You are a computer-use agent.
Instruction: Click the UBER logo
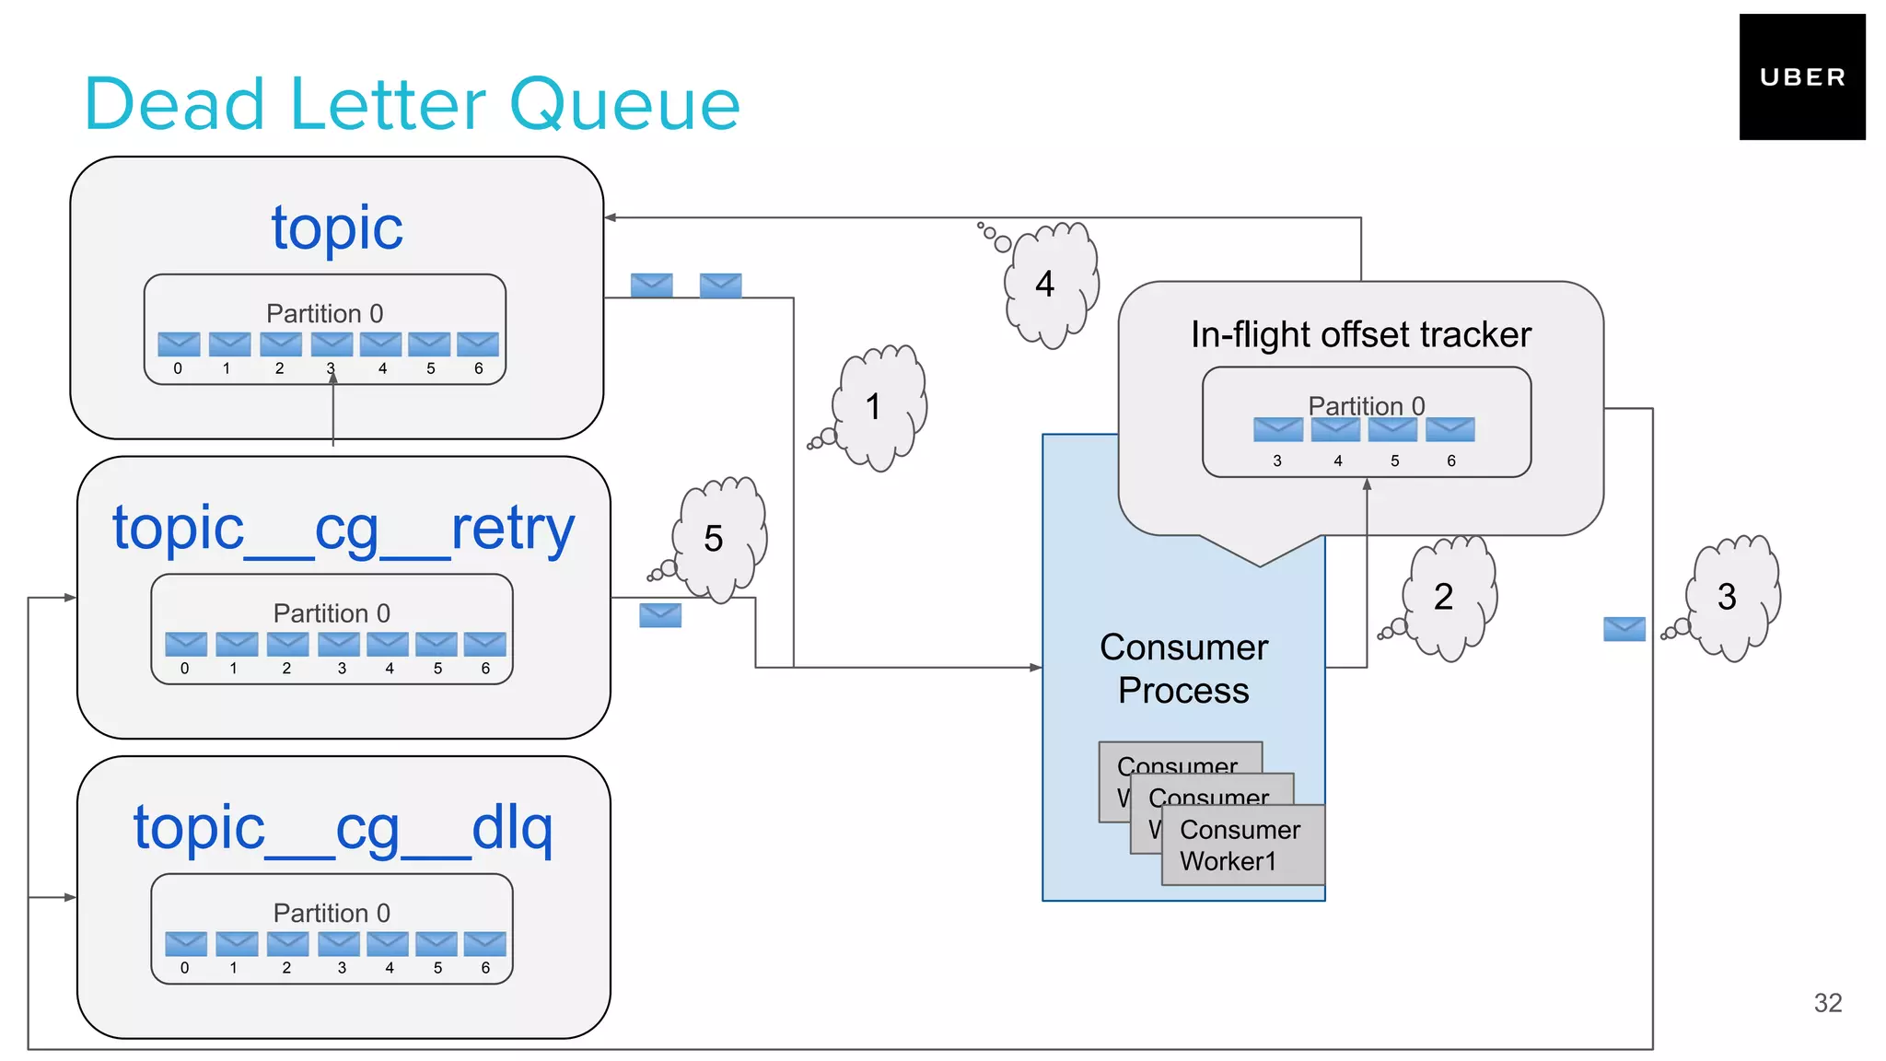pos(1801,77)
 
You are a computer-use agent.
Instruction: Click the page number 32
pos(1827,1003)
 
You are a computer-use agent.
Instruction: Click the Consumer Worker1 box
pos(1241,845)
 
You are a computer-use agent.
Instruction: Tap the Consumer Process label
pos(1183,669)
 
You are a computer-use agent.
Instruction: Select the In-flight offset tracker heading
pos(1360,334)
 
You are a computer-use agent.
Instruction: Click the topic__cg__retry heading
pos(343,529)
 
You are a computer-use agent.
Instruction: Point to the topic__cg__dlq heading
pos(343,828)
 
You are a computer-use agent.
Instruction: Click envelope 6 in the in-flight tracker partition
pos(1449,429)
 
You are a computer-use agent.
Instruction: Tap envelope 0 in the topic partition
pos(179,344)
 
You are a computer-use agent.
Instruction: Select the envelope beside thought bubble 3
pos(1624,629)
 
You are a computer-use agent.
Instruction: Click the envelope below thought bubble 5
pos(660,615)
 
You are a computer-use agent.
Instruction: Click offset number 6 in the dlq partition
pos(485,968)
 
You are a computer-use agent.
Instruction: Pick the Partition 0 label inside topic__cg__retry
pos(332,613)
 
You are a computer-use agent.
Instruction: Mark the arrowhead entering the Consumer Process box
pos(1036,667)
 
